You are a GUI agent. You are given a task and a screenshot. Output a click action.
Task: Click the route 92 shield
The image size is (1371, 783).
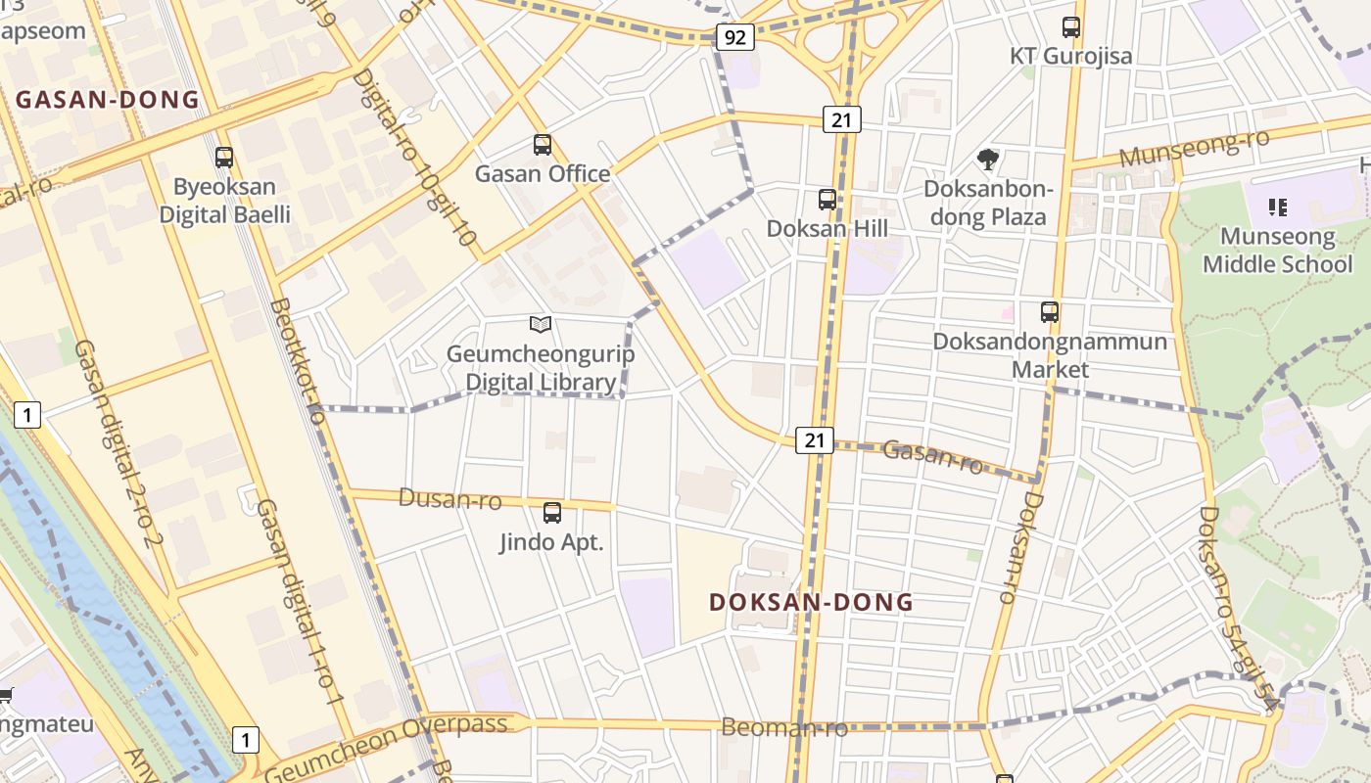tap(734, 38)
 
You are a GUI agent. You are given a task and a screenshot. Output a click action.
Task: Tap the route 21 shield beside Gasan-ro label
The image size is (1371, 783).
tap(814, 440)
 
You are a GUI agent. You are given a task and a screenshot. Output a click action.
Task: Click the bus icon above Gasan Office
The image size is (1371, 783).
tap(543, 145)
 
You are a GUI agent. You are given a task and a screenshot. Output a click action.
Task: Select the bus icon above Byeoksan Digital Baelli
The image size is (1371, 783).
tap(224, 157)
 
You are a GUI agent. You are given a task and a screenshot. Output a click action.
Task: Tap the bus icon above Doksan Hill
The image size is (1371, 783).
tap(827, 200)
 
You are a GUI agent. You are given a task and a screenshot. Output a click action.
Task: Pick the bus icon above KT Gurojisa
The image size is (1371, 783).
tap(1071, 27)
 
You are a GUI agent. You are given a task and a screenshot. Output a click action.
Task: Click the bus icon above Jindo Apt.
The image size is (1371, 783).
tap(552, 512)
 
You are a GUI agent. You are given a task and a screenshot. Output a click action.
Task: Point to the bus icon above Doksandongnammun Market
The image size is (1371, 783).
tap(1050, 312)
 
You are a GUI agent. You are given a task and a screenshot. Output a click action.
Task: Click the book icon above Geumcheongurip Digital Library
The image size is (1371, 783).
tap(540, 324)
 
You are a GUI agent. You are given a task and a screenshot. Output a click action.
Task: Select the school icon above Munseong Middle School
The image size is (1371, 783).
tap(1277, 207)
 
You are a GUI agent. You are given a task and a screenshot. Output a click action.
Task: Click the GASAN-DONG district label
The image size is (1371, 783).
tap(108, 99)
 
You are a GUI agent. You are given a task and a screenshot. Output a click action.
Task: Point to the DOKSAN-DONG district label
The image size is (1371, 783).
tap(811, 602)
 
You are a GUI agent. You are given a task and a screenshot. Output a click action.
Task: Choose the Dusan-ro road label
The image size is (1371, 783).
tap(449, 499)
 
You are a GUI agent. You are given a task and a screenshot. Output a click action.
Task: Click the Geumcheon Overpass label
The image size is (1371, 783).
tap(387, 740)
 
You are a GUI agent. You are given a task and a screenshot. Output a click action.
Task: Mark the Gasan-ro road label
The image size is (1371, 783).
tap(932, 455)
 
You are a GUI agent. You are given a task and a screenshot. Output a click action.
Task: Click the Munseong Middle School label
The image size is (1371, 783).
tap(1277, 251)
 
